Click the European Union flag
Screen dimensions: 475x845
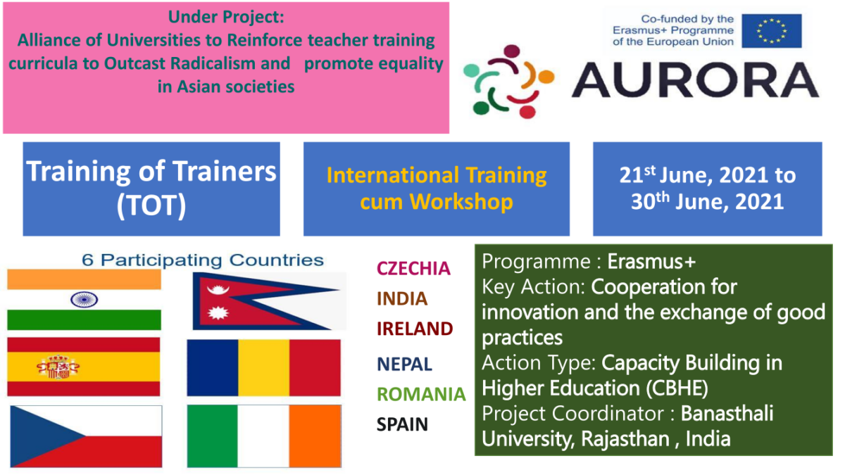coord(770,30)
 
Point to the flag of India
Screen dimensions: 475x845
coord(84,300)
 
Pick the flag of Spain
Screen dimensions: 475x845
coord(84,366)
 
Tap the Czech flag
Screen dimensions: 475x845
coord(86,436)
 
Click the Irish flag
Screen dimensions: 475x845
coord(263,436)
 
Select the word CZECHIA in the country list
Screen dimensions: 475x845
coord(413,268)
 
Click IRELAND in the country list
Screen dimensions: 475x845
coord(414,329)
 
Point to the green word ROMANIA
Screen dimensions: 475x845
coord(421,393)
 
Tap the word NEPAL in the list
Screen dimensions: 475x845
coord(404,364)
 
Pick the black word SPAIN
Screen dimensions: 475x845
coord(402,424)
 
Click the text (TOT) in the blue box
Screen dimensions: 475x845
coord(151,205)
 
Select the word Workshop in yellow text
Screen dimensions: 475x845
coord(461,202)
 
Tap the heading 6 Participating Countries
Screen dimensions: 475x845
coord(203,260)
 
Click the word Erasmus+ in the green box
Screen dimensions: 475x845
coord(651,262)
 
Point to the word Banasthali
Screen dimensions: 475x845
coord(727,413)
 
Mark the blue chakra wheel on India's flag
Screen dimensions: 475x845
coord(84,300)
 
